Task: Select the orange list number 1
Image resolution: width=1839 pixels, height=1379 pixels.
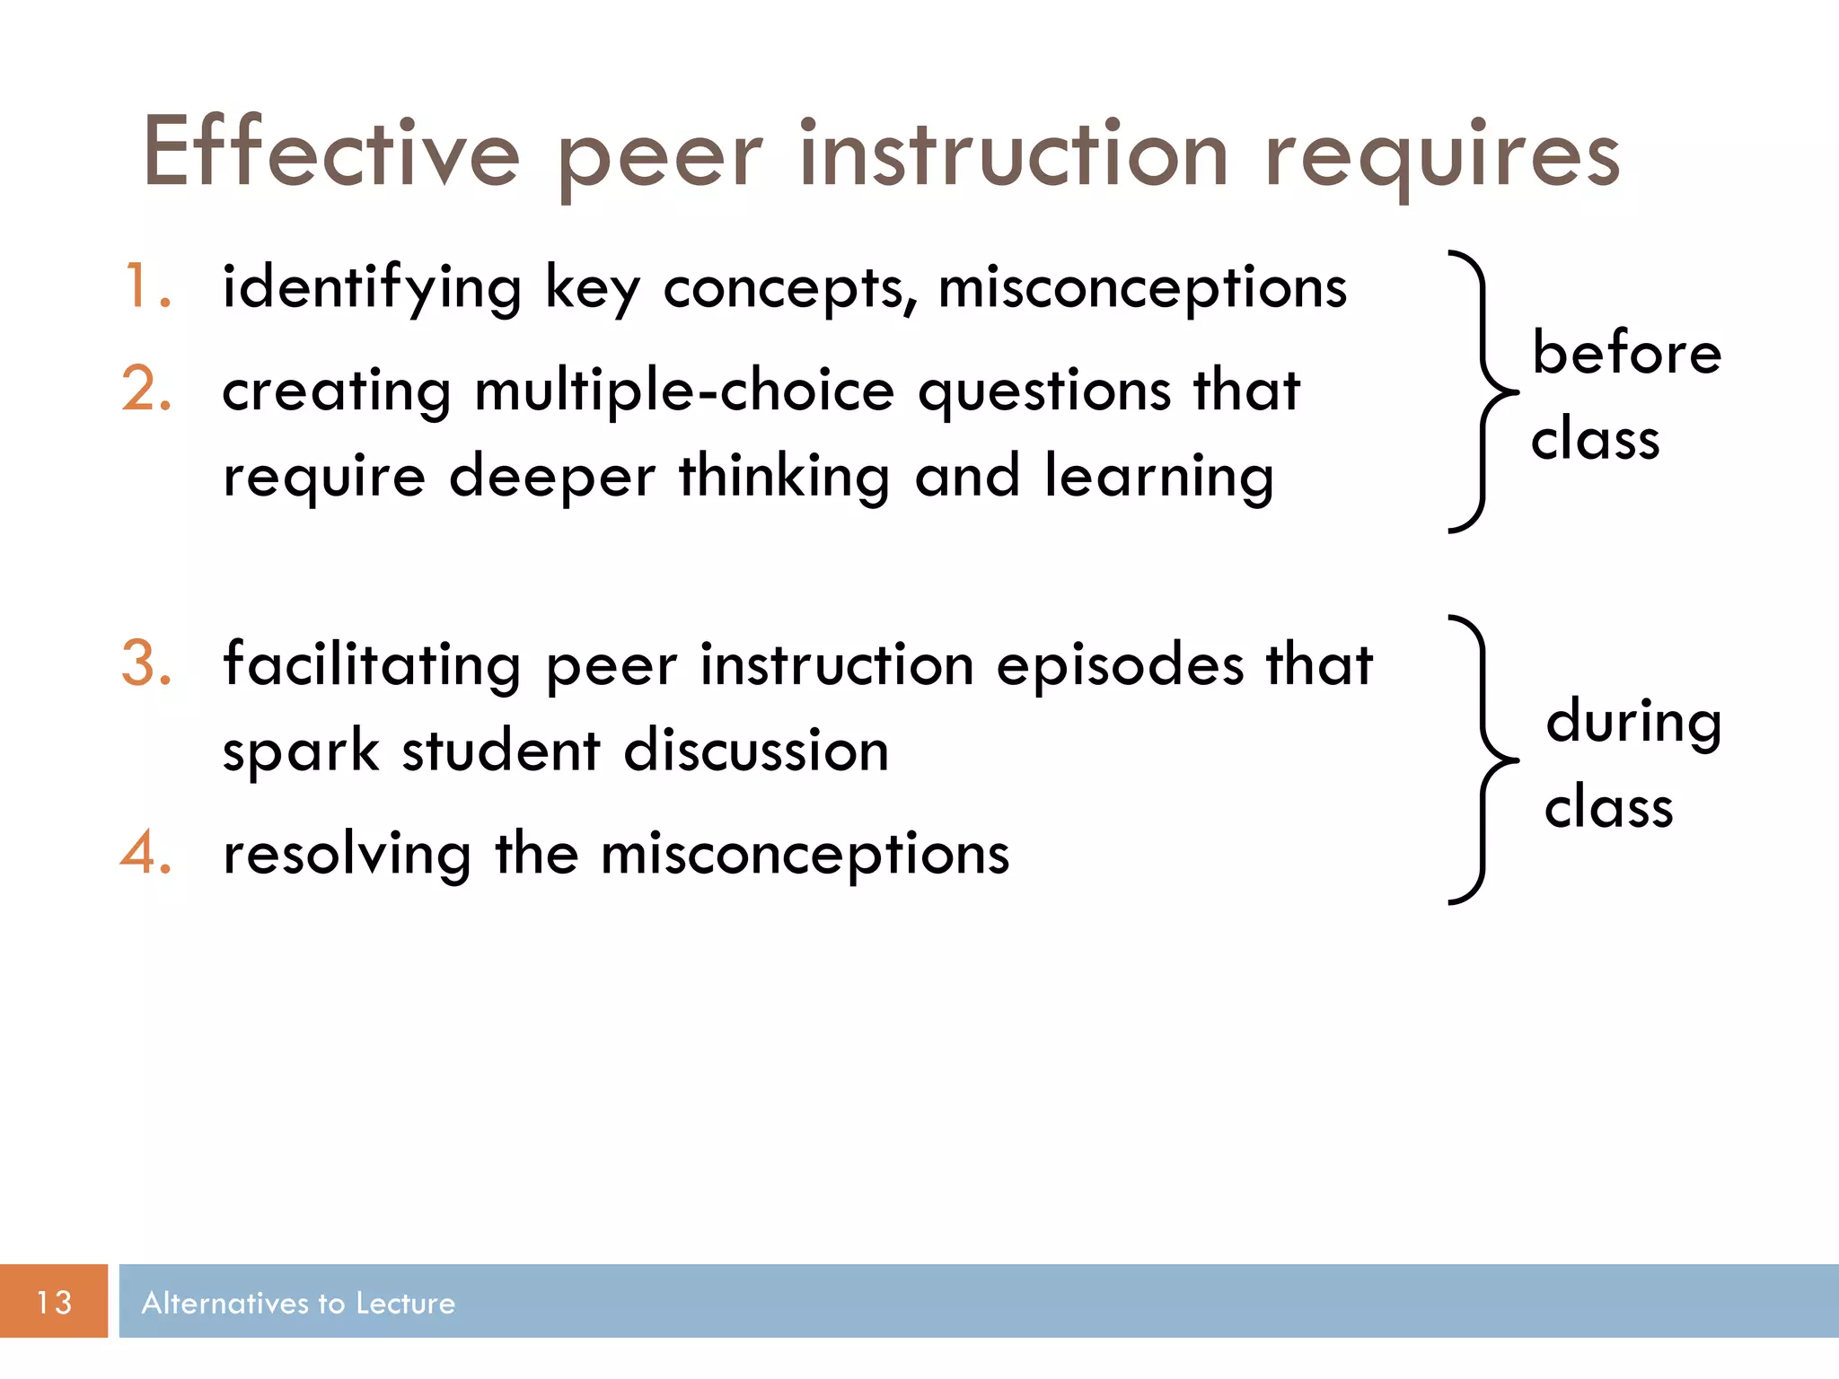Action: coord(145,287)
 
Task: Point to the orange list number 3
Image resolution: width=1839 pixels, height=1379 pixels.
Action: coord(145,664)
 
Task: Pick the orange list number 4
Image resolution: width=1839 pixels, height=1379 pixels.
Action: coord(145,853)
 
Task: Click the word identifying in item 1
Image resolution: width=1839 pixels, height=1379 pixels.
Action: coord(372,289)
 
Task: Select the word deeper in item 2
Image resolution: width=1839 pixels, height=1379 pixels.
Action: coord(551,476)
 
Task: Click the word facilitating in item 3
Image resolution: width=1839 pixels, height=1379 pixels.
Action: coord(372,665)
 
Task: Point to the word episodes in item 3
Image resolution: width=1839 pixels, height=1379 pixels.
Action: coord(1120,667)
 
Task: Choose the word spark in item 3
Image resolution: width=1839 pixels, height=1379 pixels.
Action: coord(301,751)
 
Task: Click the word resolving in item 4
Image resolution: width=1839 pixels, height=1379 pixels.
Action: coord(347,854)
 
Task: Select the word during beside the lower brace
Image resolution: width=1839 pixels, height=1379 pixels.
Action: coord(1633,722)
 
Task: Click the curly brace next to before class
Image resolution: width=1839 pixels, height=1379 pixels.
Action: coord(1482,392)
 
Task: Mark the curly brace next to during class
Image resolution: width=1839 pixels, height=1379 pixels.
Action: coord(1482,760)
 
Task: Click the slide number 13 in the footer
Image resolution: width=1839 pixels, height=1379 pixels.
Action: coord(54,1302)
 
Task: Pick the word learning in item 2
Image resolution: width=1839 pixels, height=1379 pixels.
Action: coord(1158,476)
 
